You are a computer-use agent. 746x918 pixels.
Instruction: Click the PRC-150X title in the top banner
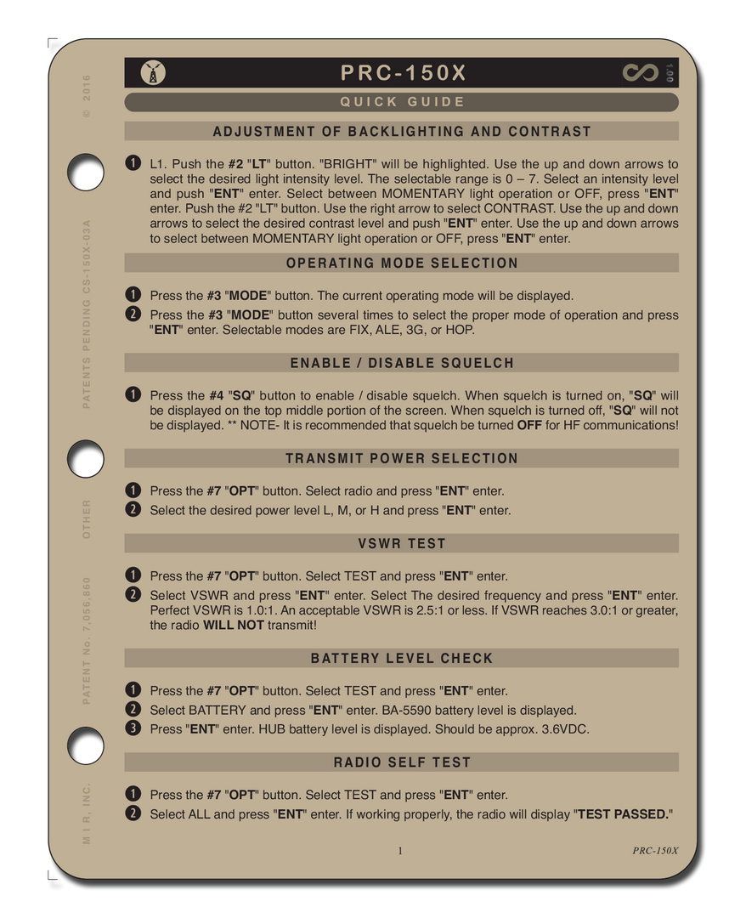pyautogui.click(x=403, y=73)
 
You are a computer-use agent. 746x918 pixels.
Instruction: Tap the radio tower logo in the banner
pyautogui.click(x=153, y=73)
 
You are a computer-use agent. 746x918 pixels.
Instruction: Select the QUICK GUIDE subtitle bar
pyautogui.click(x=402, y=102)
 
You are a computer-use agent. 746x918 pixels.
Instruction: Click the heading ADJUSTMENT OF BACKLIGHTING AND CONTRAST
pyautogui.click(x=402, y=132)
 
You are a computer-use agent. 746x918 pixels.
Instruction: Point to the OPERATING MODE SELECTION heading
pyautogui.click(x=402, y=263)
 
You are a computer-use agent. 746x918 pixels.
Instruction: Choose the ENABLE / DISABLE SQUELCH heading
pyautogui.click(x=402, y=363)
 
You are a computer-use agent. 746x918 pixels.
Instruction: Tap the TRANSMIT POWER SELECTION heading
pyautogui.click(x=402, y=458)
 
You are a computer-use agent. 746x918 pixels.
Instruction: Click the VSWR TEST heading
pyautogui.click(x=402, y=543)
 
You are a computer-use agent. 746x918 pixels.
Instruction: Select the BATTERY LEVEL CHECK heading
pyautogui.click(x=402, y=658)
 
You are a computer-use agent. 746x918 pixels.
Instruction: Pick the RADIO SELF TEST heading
pyautogui.click(x=402, y=762)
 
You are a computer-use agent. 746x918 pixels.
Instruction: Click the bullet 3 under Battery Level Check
pyautogui.click(x=133, y=728)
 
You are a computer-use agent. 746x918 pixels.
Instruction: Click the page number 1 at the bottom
pyautogui.click(x=400, y=851)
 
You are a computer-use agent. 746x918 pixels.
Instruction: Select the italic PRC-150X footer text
pyautogui.click(x=655, y=851)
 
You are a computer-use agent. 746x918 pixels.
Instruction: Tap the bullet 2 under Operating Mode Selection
pyautogui.click(x=133, y=314)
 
